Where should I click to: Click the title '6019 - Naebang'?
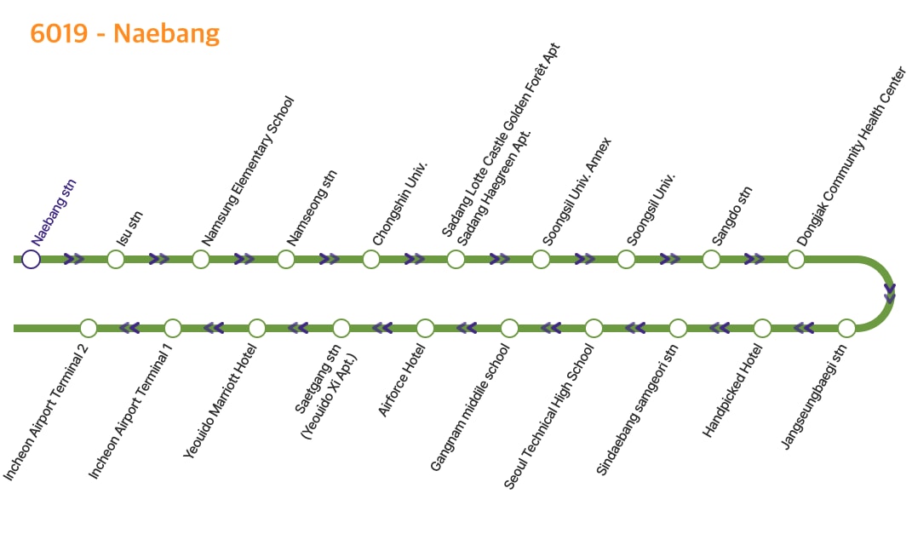(x=124, y=33)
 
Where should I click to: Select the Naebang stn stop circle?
(x=32, y=259)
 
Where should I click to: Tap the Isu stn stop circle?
(x=116, y=259)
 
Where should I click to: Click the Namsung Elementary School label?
(x=247, y=171)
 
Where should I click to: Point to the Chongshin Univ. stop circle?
(x=370, y=259)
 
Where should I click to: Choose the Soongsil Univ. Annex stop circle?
(x=541, y=259)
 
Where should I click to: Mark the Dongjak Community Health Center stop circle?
(x=796, y=259)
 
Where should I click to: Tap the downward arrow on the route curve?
(x=890, y=294)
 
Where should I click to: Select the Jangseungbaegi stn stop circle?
(x=846, y=328)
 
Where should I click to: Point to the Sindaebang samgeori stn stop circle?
(x=678, y=328)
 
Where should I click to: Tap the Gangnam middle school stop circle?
(x=509, y=328)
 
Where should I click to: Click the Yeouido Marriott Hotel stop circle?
(x=257, y=328)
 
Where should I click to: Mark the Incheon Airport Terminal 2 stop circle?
(x=88, y=328)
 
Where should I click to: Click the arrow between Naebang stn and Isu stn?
(x=74, y=259)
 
